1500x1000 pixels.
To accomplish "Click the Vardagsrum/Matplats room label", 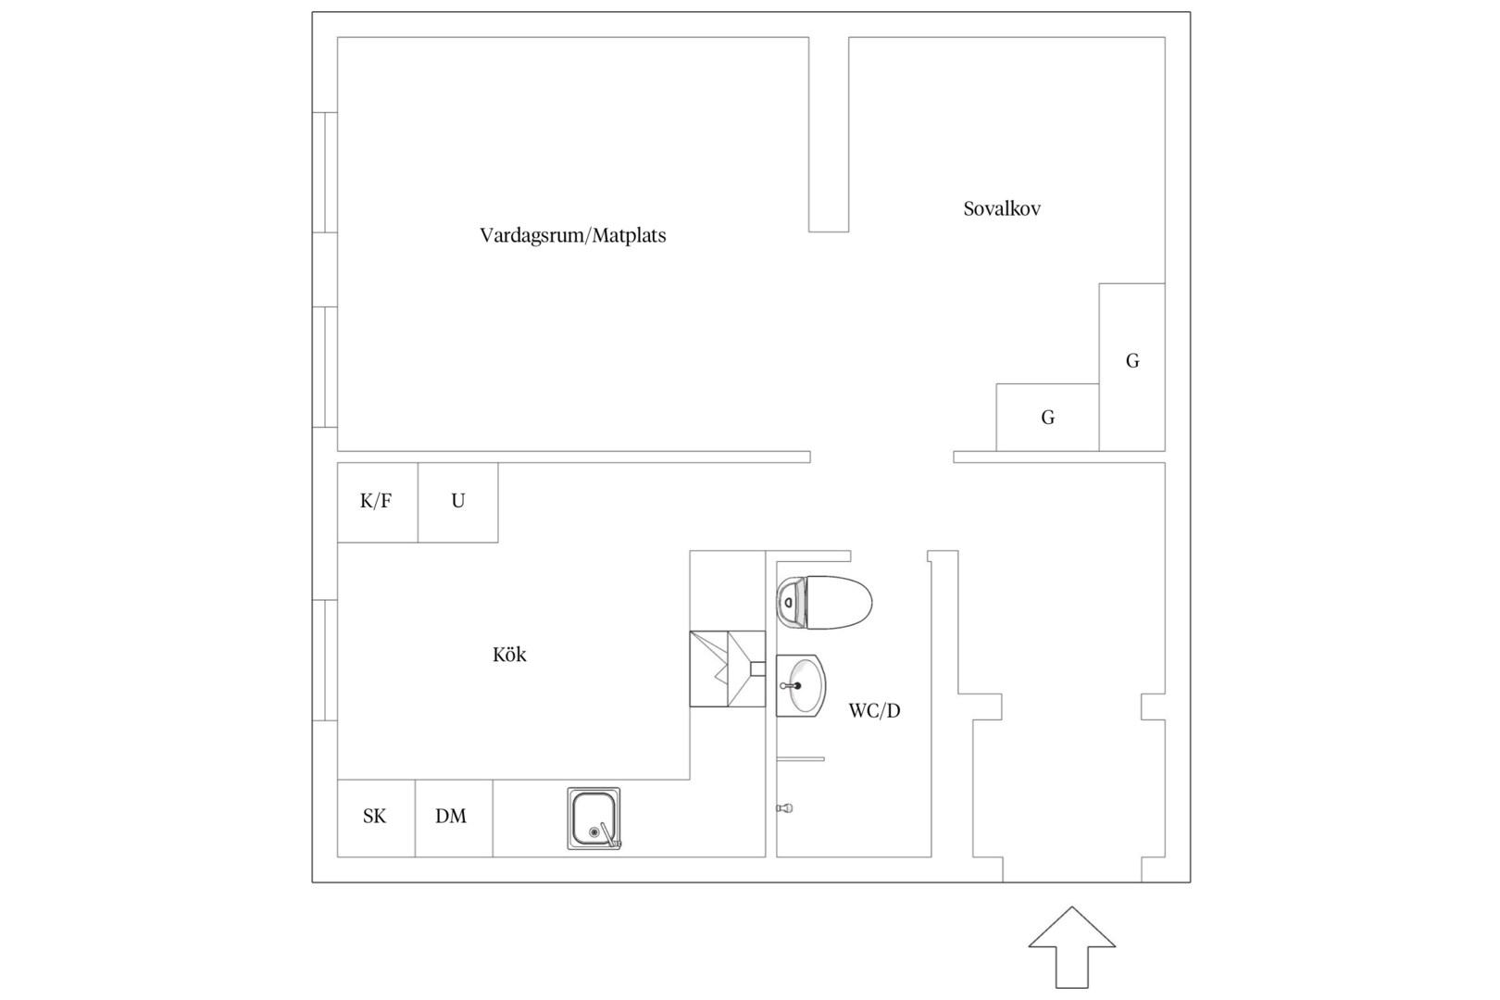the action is click(x=572, y=236).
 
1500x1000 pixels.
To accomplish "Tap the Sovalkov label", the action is click(x=1002, y=209).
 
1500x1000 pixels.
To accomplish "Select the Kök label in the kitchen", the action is click(x=509, y=655).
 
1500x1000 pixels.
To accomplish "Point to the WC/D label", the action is click(x=874, y=711).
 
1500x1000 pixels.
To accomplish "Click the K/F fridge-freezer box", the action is click(x=378, y=503).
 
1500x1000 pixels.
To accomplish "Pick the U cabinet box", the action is click(x=458, y=503).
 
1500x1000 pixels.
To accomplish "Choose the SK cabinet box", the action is click(x=376, y=819).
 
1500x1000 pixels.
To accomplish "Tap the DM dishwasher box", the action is click(x=454, y=819).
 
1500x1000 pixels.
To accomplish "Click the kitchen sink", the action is click(x=594, y=819).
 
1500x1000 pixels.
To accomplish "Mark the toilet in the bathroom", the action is click(x=824, y=602).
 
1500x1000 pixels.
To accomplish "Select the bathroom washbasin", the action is click(x=801, y=686).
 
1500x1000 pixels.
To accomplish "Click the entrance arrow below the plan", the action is click(x=1072, y=947).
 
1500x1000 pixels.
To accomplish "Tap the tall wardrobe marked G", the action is click(x=1132, y=367).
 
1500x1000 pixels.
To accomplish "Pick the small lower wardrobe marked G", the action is click(x=1048, y=418).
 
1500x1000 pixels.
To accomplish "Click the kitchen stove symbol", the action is click(x=728, y=669).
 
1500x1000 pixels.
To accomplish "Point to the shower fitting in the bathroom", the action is click(x=785, y=808).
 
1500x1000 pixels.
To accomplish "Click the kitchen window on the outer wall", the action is click(x=325, y=660).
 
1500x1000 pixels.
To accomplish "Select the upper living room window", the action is click(x=325, y=173).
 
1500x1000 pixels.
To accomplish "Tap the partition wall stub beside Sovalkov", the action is click(x=829, y=134).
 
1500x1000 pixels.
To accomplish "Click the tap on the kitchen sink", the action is click(x=609, y=836).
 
